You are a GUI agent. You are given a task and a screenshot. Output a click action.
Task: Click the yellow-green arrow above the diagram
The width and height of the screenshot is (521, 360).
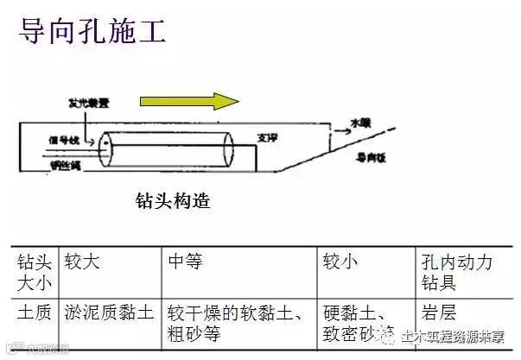coord(189,100)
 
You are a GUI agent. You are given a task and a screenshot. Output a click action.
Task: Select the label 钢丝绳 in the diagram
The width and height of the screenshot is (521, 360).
coord(66,164)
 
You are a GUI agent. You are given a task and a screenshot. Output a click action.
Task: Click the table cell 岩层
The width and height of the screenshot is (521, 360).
coord(439,313)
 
